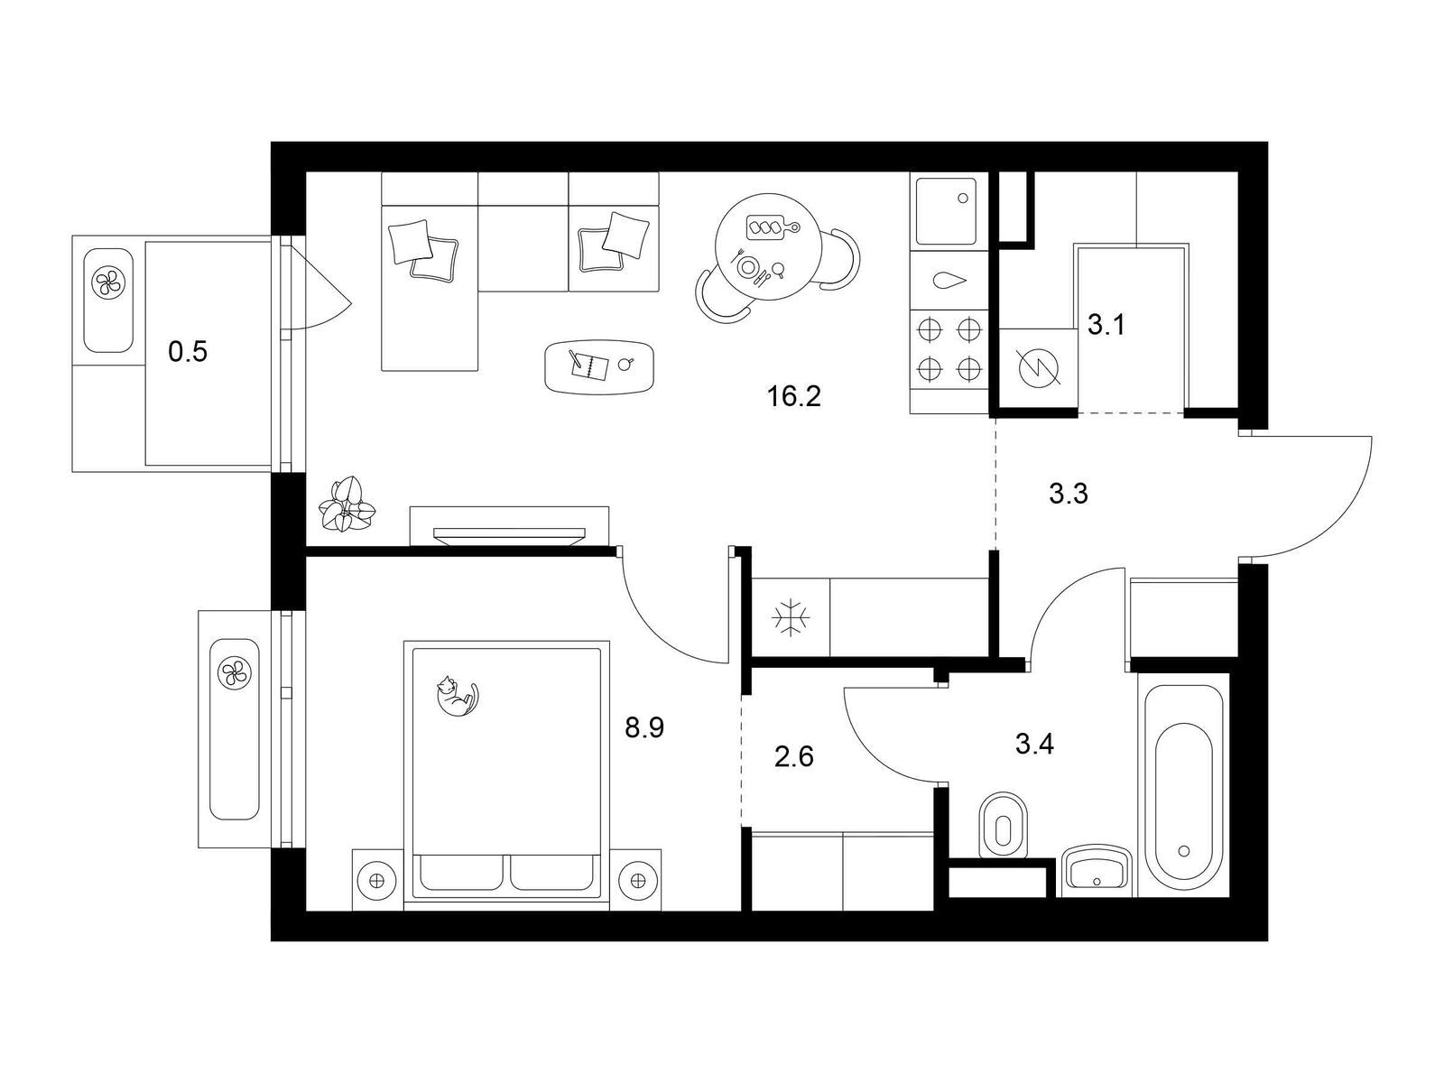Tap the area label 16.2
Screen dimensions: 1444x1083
(x=794, y=396)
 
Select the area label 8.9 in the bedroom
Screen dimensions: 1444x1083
(x=644, y=728)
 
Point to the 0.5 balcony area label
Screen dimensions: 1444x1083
(x=188, y=352)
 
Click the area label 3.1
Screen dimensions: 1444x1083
(x=1106, y=325)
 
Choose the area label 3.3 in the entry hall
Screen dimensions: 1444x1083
(x=1069, y=493)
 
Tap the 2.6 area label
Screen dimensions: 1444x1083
(x=794, y=757)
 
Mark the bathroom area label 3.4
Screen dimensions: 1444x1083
(x=1035, y=745)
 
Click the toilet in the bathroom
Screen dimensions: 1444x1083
(x=1003, y=825)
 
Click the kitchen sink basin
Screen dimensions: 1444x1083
(x=949, y=210)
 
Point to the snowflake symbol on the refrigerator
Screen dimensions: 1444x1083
(x=790, y=617)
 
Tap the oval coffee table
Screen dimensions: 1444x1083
(x=601, y=367)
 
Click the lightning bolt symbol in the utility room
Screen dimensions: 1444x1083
(x=1037, y=367)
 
